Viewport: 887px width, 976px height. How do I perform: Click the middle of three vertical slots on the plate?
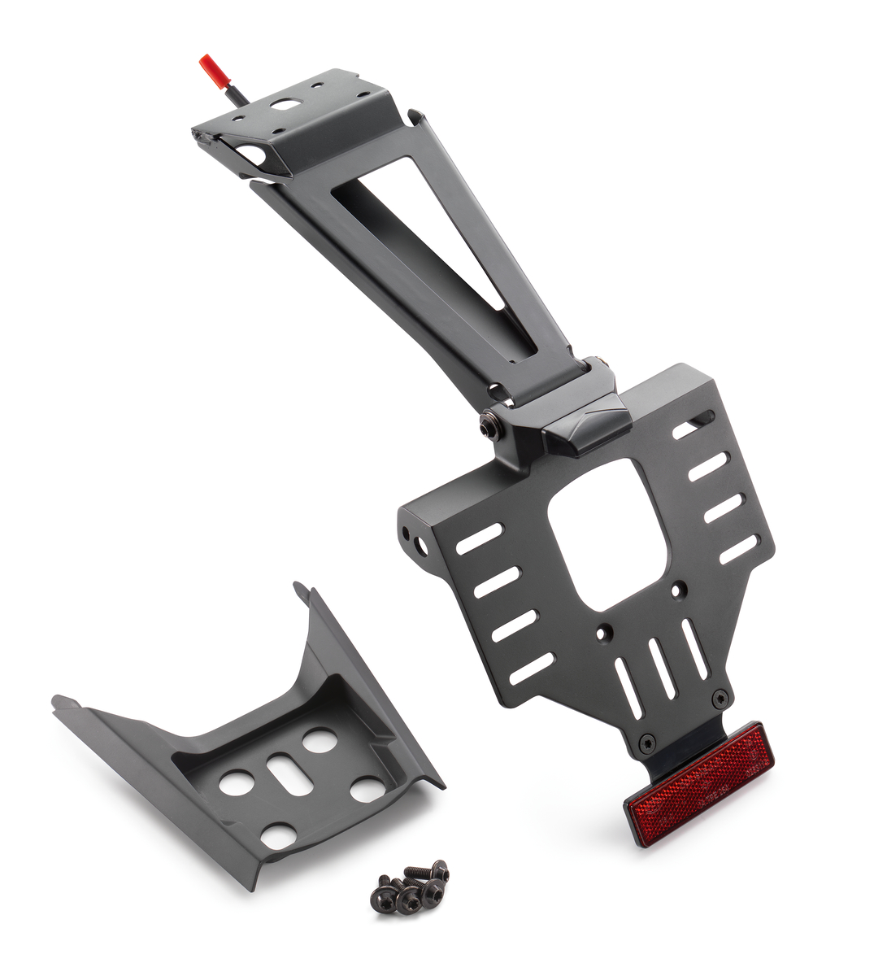click(662, 668)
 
